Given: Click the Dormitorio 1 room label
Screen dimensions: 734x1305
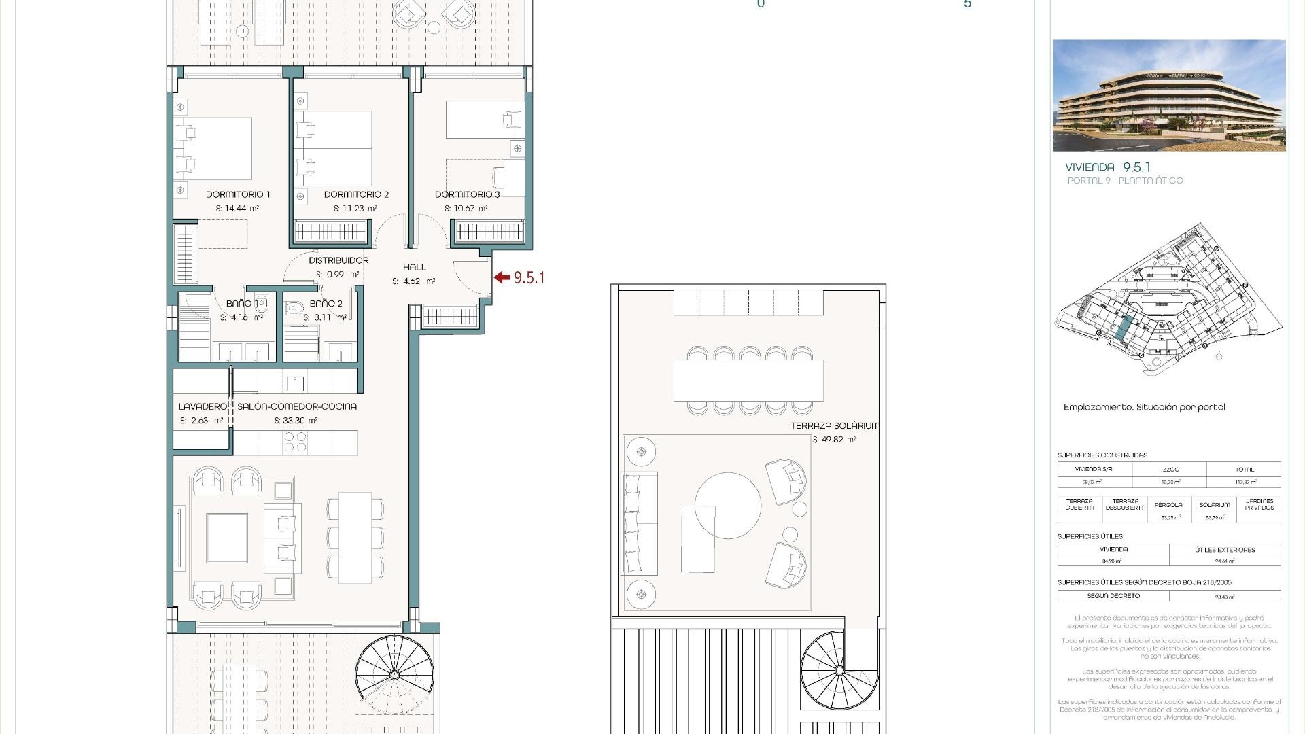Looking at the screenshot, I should tap(238, 194).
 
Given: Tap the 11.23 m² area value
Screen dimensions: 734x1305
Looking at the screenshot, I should tap(355, 209).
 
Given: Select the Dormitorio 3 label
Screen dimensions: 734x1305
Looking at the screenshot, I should tap(467, 194).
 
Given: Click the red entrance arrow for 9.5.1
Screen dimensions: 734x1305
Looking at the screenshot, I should tap(502, 277).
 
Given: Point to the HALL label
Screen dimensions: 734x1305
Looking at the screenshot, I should tap(414, 267).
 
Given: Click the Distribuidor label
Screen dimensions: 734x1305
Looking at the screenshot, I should tap(338, 260).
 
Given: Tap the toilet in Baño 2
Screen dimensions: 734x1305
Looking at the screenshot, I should tap(294, 309).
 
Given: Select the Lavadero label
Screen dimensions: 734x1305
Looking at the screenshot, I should tap(203, 406).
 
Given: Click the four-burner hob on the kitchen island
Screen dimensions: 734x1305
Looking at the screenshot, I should tap(295, 442).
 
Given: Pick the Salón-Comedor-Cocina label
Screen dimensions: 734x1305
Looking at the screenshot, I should tap(296, 406).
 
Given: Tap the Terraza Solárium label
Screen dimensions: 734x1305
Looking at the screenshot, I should tap(834, 425).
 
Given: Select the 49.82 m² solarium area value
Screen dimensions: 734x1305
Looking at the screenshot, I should tap(834, 440).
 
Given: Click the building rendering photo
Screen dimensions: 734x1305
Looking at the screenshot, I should tap(1168, 95).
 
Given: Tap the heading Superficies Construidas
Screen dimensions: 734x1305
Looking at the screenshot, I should tap(1102, 455).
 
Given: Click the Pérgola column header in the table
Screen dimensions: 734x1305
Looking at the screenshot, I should tap(1168, 505).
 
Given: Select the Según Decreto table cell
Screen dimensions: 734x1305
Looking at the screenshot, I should tap(1113, 596).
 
